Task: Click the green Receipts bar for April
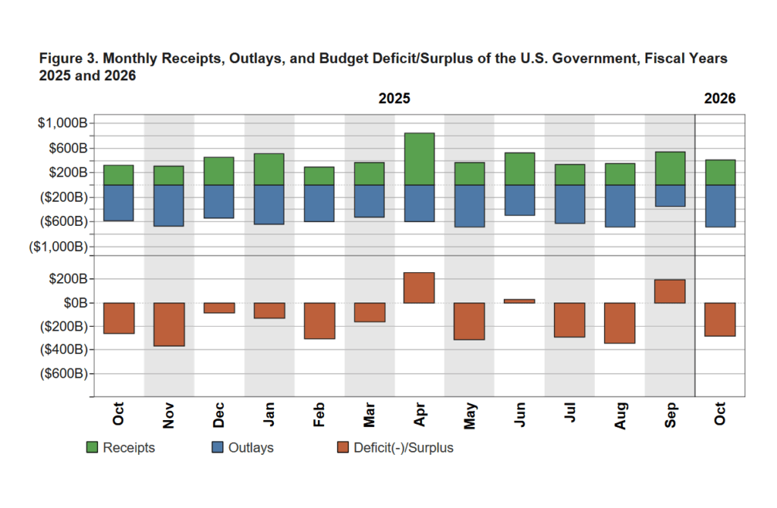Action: tap(419, 159)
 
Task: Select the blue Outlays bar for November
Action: tap(168, 205)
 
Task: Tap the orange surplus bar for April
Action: tap(419, 288)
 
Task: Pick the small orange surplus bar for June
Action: tap(519, 301)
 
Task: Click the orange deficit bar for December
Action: tap(219, 308)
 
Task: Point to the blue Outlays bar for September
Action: tap(670, 196)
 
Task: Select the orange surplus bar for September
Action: tap(670, 291)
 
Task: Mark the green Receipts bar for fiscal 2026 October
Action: tap(720, 173)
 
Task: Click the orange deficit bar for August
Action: tap(620, 323)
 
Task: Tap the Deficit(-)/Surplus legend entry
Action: tap(394, 447)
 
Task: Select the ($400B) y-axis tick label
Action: tap(63, 350)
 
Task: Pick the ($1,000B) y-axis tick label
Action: tap(60, 247)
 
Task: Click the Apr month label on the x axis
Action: tap(419, 416)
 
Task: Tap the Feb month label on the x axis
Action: tap(319, 416)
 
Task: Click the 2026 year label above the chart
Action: tap(719, 99)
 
